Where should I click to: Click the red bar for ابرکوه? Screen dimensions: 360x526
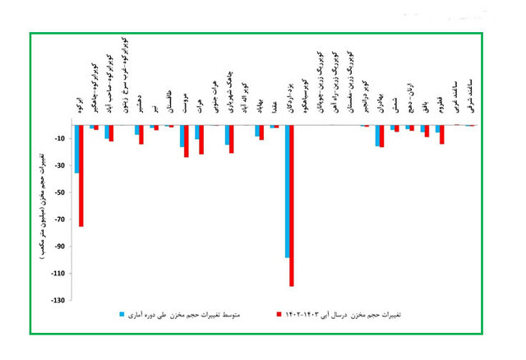(x=81, y=175)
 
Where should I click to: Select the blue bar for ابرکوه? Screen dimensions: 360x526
(x=76, y=149)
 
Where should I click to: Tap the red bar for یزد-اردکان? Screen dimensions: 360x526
(x=292, y=205)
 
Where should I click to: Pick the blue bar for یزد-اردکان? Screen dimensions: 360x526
(x=287, y=191)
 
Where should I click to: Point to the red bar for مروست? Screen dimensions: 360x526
(x=187, y=141)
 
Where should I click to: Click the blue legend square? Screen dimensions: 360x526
(x=122, y=315)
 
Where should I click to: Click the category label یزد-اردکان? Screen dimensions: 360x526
(x=288, y=103)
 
